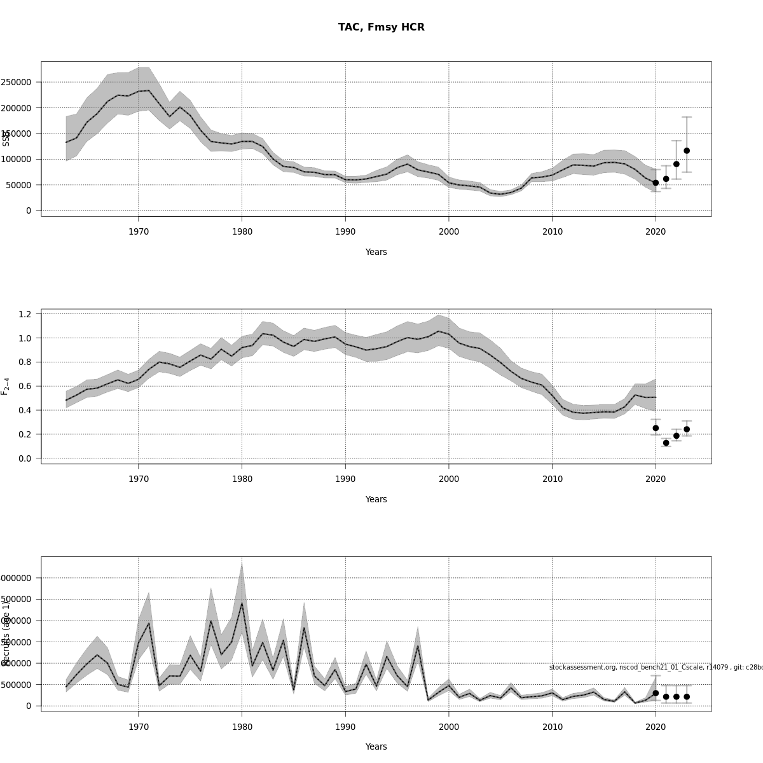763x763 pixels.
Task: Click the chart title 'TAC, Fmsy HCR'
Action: (381, 27)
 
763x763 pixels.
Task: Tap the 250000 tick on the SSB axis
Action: (17, 82)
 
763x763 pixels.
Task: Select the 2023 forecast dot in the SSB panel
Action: (687, 151)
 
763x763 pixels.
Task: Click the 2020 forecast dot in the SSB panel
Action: (656, 182)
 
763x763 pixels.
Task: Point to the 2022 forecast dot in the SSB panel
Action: (677, 164)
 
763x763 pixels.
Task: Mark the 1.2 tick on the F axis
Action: (25, 314)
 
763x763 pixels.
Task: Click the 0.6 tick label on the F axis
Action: (25, 386)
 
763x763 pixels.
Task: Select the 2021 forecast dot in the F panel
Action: (666, 443)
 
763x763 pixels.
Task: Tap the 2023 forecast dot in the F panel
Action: (687, 429)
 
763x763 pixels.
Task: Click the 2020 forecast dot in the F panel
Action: (656, 428)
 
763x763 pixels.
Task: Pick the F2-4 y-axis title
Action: (5, 386)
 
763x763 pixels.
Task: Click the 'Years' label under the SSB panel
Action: (376, 252)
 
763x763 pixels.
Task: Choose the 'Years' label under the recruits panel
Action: (376, 746)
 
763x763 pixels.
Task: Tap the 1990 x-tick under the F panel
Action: (345, 479)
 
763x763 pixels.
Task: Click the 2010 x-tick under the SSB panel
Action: (553, 231)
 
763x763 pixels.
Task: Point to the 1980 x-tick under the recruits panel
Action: (242, 727)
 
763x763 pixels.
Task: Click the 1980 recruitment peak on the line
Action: (242, 603)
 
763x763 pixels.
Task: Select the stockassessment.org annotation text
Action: (655, 667)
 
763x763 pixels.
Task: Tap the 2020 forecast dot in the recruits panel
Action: (656, 693)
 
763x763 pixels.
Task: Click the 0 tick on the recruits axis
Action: (29, 706)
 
